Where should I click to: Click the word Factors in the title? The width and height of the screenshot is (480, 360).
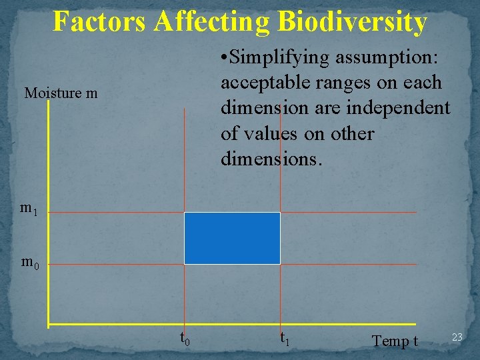100,21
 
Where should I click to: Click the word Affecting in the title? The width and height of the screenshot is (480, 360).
213,21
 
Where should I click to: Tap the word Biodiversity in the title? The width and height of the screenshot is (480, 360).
352,21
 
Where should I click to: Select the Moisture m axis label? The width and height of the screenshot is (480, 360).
61,93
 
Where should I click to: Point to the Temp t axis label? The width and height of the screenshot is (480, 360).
395,341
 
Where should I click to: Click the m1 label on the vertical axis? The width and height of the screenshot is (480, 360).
29,209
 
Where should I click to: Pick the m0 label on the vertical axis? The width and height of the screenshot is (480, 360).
30,262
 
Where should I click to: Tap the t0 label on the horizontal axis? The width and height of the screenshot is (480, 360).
185,338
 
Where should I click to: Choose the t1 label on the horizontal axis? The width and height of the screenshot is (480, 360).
284,338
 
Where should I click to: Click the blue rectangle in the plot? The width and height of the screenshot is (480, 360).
232,238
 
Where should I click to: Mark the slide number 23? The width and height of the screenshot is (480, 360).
457,337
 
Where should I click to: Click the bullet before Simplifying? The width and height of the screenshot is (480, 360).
224,58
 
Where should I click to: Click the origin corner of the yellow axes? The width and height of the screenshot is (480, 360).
49,325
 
